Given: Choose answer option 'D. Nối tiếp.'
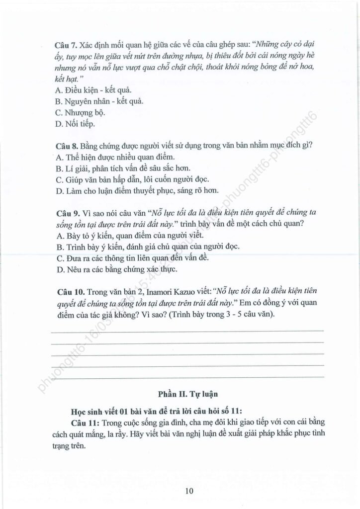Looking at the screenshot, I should pos(75,124).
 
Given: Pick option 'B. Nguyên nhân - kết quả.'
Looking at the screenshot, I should pos(93,101).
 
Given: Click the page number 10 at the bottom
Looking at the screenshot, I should pos(188,492).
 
